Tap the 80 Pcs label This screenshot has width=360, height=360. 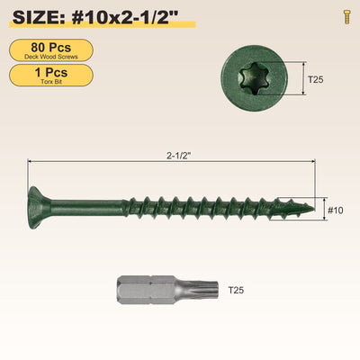click(x=51, y=48)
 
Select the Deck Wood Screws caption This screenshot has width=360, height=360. click(x=51, y=57)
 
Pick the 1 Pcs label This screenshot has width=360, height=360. click(x=51, y=72)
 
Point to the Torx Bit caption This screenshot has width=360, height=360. click(x=51, y=82)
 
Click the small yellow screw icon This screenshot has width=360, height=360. click(x=347, y=17)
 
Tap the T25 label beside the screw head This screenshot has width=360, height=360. click(x=316, y=79)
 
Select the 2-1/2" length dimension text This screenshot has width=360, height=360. click(x=179, y=156)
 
